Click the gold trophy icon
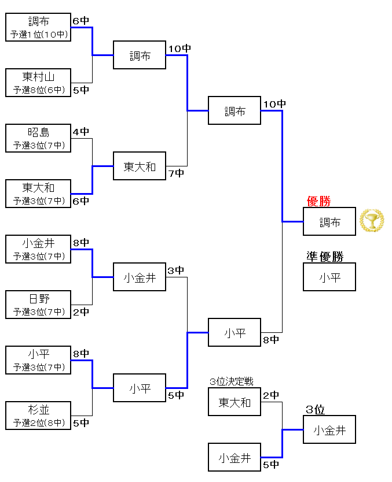[x=371, y=221]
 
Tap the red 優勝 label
[x=318, y=201]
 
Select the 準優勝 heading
[x=325, y=257]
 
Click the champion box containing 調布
[x=329, y=222]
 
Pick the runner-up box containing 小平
[x=329, y=277]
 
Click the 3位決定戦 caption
[x=232, y=381]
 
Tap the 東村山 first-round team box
[x=38, y=82]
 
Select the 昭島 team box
[x=38, y=138]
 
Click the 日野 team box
[x=38, y=304]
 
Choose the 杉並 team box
[x=38, y=415]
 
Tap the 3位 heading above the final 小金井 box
[x=316, y=410]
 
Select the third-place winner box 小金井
[x=329, y=430]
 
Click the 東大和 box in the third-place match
[x=235, y=402]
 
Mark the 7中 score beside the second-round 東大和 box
[x=176, y=173]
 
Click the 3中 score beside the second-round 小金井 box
[x=176, y=270]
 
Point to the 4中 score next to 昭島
[x=81, y=131]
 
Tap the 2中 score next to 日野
[x=81, y=312]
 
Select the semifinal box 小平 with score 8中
[x=235, y=333]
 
